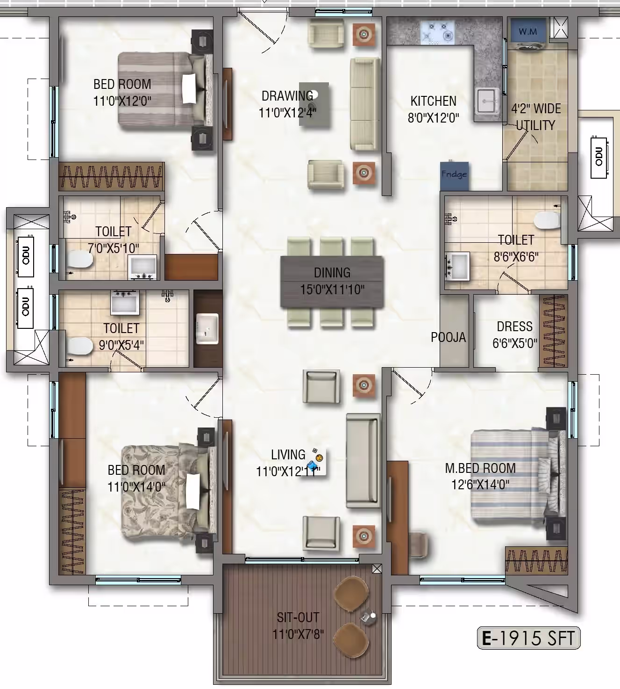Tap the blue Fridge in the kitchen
454,175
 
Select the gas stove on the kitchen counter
438,32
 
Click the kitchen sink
487,101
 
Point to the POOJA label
449,337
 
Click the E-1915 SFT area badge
528,638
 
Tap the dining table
332,282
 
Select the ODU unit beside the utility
599,157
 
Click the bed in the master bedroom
518,478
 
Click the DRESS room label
515,326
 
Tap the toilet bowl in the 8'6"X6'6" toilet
548,220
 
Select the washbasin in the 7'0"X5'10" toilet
143,267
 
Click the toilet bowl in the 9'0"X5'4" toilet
79,346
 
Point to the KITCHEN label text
434,101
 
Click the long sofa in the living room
363,461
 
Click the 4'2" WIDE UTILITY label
535,117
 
